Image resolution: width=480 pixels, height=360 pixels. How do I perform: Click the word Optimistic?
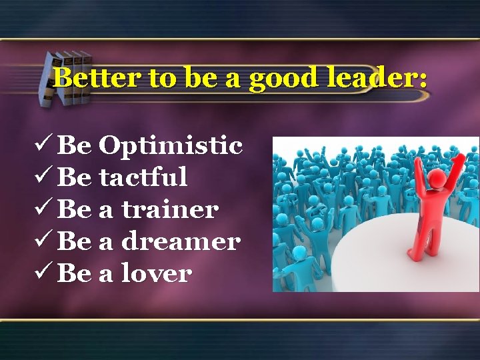(171, 145)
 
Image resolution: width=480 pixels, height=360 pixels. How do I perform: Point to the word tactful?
(143, 177)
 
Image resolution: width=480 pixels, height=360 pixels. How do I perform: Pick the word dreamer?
(180, 241)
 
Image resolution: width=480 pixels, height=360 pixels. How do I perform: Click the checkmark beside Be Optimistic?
(45, 144)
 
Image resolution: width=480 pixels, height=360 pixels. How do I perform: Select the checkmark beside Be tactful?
(45, 176)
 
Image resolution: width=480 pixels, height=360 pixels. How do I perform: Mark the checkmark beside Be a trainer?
(45, 208)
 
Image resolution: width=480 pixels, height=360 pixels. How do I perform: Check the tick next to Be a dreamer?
(45, 240)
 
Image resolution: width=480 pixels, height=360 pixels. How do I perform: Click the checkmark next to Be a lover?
(45, 272)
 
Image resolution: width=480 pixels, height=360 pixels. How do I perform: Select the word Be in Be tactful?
(75, 177)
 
